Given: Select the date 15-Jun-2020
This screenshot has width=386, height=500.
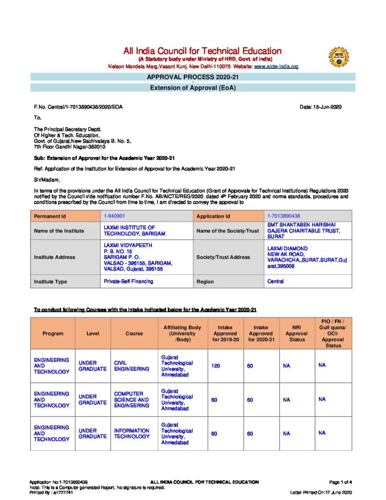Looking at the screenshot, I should (x=320, y=107).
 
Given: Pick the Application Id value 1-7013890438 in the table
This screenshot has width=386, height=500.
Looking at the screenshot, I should (x=284, y=216).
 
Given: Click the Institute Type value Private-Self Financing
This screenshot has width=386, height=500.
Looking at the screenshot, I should (x=128, y=281).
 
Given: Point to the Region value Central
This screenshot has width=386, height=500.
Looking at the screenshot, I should (x=276, y=281).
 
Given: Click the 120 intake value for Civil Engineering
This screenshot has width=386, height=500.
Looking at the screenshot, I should (x=215, y=366).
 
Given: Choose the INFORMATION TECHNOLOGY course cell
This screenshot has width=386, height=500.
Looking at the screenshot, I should (x=132, y=434).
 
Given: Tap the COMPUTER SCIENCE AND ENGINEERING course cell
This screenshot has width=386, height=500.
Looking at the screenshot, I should (x=132, y=399).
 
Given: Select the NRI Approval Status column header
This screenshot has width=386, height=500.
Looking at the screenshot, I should (x=296, y=333).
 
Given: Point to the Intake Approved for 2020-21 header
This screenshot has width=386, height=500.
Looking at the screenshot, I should (x=261, y=333).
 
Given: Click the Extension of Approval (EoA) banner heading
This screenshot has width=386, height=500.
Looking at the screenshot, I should (x=193, y=88).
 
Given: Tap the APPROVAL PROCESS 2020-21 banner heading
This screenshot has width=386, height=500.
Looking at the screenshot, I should (x=193, y=77).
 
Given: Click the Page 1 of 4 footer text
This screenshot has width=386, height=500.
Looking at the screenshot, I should (x=340, y=482).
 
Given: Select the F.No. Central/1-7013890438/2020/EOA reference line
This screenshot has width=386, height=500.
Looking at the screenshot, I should (x=79, y=107).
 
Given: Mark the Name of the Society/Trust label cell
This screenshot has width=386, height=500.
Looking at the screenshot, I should (x=224, y=230).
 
